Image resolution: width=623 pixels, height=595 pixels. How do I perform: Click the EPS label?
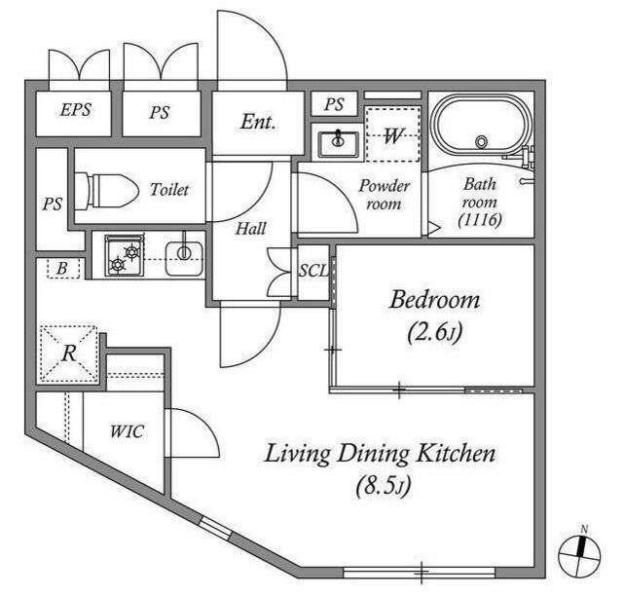[x=76, y=110]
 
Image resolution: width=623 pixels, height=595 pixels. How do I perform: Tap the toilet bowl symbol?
[x=106, y=191]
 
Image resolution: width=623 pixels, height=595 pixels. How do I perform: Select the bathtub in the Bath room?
[x=483, y=125]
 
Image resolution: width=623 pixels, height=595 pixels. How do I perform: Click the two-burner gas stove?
[x=125, y=255]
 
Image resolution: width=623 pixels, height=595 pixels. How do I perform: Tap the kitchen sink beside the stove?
[x=184, y=257]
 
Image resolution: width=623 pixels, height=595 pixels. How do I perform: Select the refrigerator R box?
[x=69, y=353]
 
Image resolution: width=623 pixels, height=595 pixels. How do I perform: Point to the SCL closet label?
[x=313, y=271]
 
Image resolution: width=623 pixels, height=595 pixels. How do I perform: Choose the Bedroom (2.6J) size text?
[x=435, y=333]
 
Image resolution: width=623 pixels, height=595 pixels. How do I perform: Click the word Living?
[x=297, y=454]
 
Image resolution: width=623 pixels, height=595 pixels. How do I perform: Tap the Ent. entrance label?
[x=258, y=122]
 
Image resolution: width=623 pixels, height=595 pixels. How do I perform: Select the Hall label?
[x=251, y=229]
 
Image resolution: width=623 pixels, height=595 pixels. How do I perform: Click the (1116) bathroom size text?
[x=480, y=219]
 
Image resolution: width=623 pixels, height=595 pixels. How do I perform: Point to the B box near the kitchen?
[x=63, y=269]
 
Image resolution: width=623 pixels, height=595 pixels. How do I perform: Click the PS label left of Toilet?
[x=53, y=205]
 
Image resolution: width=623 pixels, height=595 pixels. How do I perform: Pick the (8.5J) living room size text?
[x=383, y=486]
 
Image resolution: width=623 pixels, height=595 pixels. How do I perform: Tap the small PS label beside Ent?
[x=334, y=104]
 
